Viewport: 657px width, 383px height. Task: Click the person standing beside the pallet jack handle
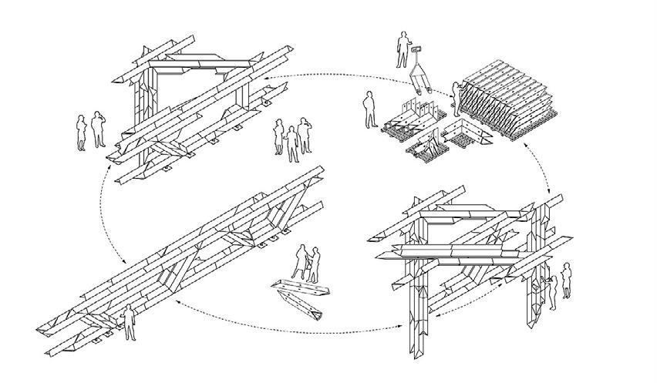point(402,49)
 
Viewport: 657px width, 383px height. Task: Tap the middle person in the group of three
point(292,143)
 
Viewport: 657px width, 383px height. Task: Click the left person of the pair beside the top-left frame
point(81,132)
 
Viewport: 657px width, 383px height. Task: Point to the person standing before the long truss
point(130,321)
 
